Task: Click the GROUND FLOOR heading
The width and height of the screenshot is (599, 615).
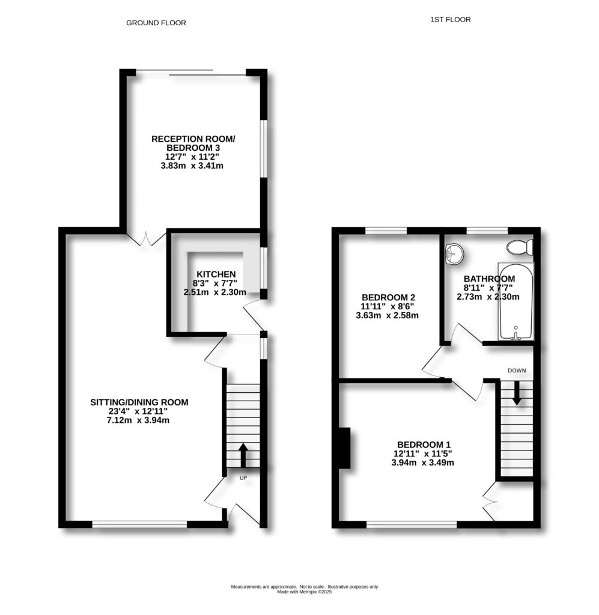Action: point(156,23)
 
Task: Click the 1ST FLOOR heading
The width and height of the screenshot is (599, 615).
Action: point(450,20)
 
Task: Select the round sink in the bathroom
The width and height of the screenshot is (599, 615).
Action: point(454,255)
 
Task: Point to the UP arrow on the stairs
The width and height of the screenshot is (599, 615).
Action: point(243,455)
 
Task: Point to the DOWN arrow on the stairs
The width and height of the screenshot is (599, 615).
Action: point(515,394)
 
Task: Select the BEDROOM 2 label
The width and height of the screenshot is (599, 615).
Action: point(388,297)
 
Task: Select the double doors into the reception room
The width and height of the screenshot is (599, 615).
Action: point(146,238)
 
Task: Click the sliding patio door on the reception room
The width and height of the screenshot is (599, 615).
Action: point(191,73)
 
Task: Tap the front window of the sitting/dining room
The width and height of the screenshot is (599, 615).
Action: point(139,524)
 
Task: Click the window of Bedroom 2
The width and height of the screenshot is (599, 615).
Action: point(386,229)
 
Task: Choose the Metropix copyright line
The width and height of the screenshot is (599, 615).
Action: point(304,592)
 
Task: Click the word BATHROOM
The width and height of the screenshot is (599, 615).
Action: point(489,279)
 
